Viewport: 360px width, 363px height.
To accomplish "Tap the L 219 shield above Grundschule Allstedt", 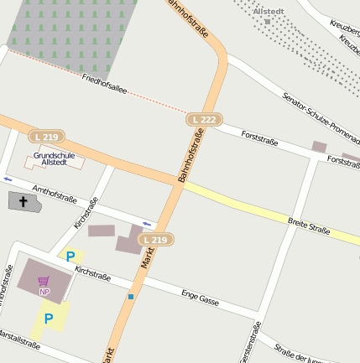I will [x=47, y=136].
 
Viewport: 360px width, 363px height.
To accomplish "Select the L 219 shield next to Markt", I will [x=156, y=240].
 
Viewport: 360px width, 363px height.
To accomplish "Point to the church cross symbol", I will [x=23, y=201].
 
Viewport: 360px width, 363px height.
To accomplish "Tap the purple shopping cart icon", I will [x=44, y=281].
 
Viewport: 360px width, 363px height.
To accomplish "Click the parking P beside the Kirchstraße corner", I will [x=70, y=257].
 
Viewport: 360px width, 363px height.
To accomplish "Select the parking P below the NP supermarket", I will [x=49, y=319].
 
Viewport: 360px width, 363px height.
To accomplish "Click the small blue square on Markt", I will [x=131, y=296].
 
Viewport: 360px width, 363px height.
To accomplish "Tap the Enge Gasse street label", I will [x=200, y=296].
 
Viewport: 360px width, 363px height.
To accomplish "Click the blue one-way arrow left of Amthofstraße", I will [x=8, y=179].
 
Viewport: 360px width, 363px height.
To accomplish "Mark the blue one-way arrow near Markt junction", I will [x=147, y=223].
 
